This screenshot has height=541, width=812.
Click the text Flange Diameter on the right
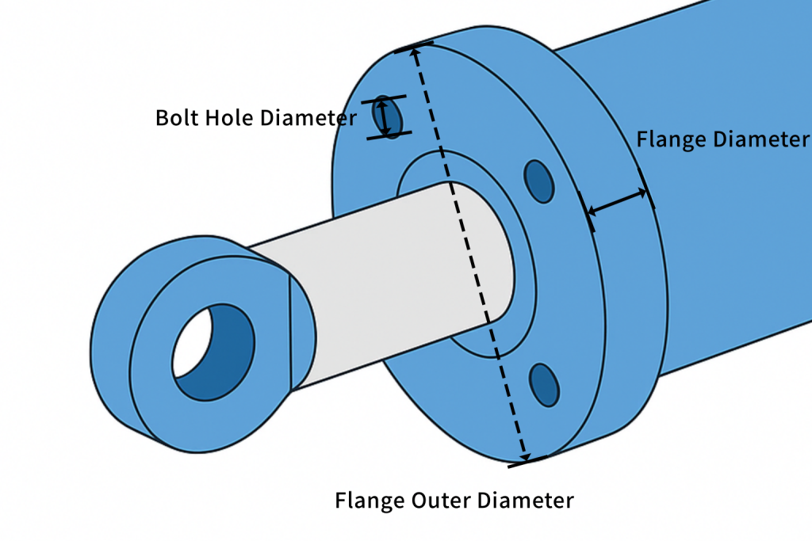click(x=723, y=139)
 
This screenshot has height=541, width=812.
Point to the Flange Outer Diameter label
click(x=454, y=501)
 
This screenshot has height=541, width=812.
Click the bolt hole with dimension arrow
click(x=387, y=117)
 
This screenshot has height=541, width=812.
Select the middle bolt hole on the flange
click(x=539, y=181)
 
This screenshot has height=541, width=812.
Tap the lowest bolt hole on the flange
click(x=544, y=385)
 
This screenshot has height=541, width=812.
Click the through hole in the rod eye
click(x=213, y=352)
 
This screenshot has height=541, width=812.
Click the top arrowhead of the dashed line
click(x=414, y=51)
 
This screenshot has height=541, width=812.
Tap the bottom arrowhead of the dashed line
click(x=525, y=457)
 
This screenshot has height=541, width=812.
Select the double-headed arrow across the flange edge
click(x=617, y=201)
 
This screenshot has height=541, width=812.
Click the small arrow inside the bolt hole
click(x=383, y=118)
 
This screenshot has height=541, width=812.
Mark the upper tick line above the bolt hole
click(x=384, y=99)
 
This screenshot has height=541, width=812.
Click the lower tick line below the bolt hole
click(x=389, y=135)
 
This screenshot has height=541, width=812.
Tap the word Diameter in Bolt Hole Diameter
click(x=308, y=117)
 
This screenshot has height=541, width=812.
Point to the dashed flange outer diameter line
click(x=469, y=254)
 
